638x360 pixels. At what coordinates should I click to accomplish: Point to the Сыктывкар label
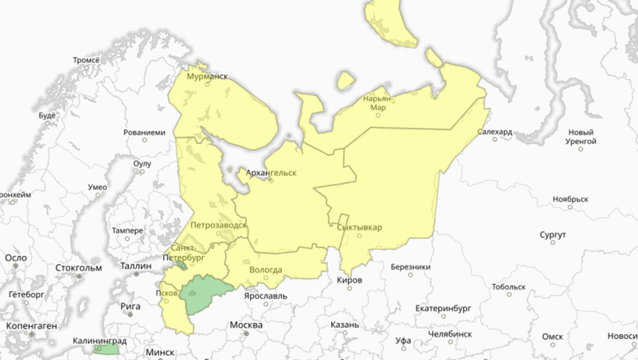click(x=360, y=227)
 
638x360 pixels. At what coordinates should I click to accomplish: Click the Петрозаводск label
click(x=218, y=224)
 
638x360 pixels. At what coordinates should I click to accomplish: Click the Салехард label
click(x=494, y=132)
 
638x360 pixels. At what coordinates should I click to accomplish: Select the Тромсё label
click(x=86, y=60)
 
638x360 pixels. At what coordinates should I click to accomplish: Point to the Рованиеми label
click(x=144, y=132)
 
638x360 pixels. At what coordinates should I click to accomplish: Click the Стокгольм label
click(x=80, y=267)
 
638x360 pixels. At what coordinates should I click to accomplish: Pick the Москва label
click(x=246, y=324)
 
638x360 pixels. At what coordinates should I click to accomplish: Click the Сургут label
click(x=552, y=235)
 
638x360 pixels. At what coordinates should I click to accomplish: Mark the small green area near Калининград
click(x=107, y=349)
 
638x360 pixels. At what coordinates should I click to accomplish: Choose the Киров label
click(x=349, y=280)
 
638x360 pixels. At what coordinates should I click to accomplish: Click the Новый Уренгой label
click(x=580, y=136)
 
